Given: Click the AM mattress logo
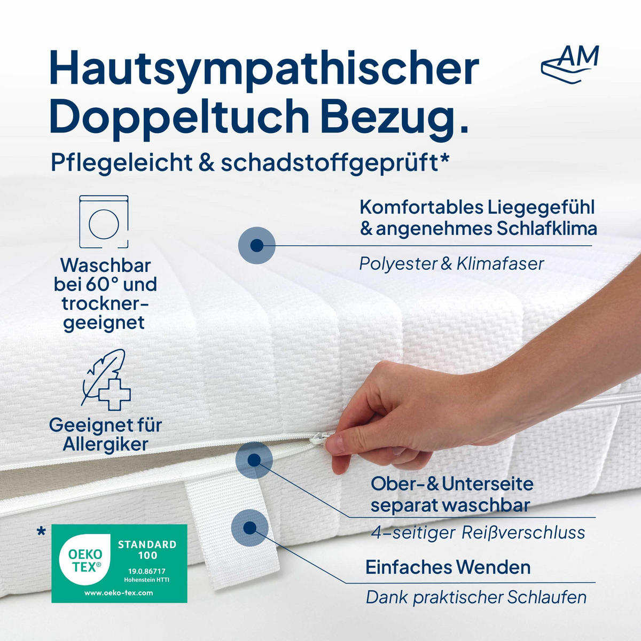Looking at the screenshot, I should coord(569,64).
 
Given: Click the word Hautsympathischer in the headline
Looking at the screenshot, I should coord(264,68).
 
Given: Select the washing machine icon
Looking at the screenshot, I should coord(104,222).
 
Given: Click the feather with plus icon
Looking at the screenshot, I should coord(106,380).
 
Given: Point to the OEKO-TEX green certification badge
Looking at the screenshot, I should coord(119,564).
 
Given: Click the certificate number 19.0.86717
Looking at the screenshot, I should coord(146,571).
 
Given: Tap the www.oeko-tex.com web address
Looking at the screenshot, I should coord(119,592).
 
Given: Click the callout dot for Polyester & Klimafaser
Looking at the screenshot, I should coord(256,245).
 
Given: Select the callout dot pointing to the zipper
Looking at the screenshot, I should coord(254,459).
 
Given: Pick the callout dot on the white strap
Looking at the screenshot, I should coord(249,528).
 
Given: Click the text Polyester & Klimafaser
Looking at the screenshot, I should coord(451,263).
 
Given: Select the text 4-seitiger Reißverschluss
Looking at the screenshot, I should coord(478,533).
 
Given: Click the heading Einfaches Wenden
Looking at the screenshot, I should coord(448,567).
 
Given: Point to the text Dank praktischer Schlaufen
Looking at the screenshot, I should coord(476,597).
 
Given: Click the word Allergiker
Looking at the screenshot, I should coord(105,444).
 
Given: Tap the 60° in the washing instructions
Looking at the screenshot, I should coord(106,284).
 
